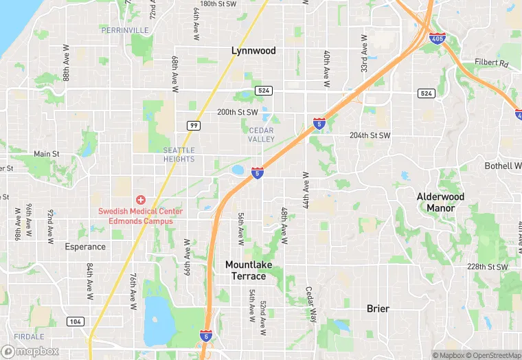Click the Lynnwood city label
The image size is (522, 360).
[x=253, y=51]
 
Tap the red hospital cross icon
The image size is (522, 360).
[x=140, y=199]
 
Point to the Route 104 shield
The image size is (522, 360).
[x=76, y=322]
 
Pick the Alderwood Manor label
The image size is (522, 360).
[x=440, y=202]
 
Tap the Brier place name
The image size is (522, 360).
[x=378, y=309]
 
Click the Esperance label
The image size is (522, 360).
[x=85, y=247]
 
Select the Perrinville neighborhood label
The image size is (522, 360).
[x=124, y=30]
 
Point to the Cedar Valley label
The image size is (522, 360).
[x=261, y=135]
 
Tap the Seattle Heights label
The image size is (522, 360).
[x=179, y=155]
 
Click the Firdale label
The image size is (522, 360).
[x=28, y=337]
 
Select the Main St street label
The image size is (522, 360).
[x=47, y=155]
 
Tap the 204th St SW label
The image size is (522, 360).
[x=370, y=135]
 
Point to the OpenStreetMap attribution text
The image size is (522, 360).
[x=494, y=355]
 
